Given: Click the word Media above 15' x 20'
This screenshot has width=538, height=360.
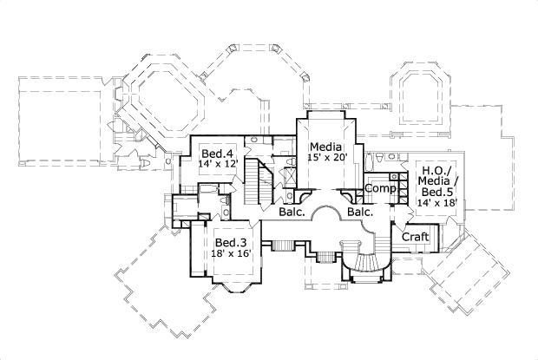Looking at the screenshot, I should pos(326,146).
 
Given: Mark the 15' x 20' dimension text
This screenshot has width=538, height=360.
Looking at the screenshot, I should pos(326,159).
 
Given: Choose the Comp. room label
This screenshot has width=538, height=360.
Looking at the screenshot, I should pos(380,188).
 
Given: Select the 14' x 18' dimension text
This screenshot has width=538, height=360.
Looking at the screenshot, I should pos(436,203).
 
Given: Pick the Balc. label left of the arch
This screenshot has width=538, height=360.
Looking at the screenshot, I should pos(291,211).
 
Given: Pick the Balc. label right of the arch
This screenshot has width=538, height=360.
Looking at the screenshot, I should pos(360,211).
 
